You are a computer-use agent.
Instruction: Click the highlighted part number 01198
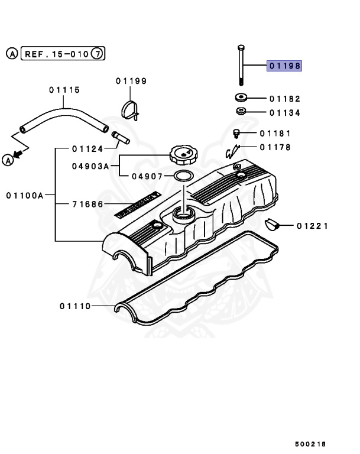285,66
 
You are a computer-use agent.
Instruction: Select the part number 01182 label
285,99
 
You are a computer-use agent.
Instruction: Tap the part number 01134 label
285,112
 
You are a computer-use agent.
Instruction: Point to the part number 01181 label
274,134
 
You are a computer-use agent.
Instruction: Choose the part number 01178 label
274,147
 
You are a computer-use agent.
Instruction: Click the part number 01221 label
313,225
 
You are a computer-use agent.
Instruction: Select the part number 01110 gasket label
75,306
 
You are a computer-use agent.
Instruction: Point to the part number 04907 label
147,176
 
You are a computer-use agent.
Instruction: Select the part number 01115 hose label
64,90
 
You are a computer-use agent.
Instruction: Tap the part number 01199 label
131,80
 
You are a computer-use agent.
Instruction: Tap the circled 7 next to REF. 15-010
99,54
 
